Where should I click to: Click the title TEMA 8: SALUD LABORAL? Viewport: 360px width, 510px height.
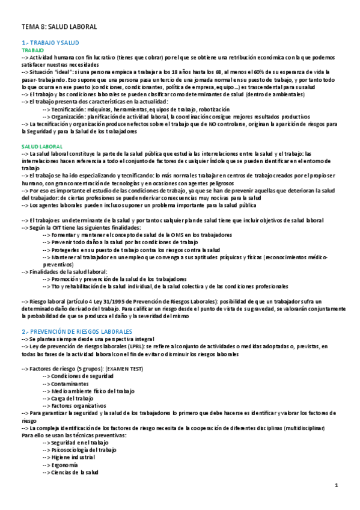pos(59,27)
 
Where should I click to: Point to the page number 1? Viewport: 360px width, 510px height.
pos(337,485)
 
